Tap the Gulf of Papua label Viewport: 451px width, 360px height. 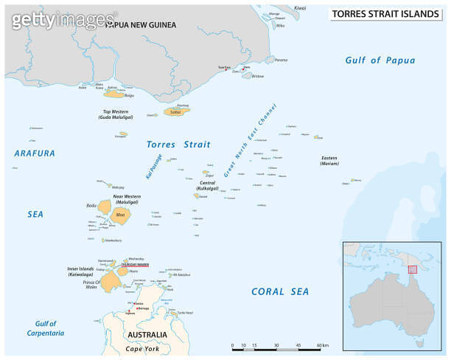(380, 60)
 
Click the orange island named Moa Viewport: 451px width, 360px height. (121, 216)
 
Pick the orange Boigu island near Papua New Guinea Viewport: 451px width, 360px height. (113, 94)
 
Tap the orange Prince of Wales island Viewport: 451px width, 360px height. (111, 281)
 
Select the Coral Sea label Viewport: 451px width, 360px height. (280, 291)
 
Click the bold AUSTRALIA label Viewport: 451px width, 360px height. (147, 335)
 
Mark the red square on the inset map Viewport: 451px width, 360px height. (412, 269)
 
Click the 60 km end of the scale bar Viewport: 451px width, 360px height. (323, 345)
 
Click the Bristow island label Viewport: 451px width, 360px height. (257, 76)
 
